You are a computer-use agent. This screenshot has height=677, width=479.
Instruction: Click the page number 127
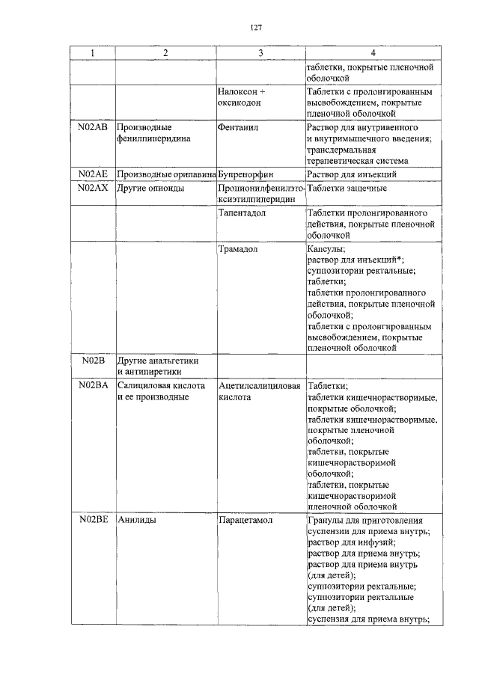(x=255, y=28)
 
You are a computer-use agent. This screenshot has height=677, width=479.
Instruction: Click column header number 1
(x=92, y=54)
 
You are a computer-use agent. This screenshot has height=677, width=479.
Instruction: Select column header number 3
(x=260, y=54)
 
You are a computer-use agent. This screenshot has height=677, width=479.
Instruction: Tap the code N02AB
(x=93, y=128)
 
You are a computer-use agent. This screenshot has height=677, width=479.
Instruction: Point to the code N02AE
(x=93, y=174)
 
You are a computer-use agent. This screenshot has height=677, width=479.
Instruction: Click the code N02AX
(x=93, y=187)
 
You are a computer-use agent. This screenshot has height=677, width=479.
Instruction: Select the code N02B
(x=92, y=361)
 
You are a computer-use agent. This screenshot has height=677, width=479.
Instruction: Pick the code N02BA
(x=93, y=385)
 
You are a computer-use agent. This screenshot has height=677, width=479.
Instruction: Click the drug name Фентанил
(x=237, y=128)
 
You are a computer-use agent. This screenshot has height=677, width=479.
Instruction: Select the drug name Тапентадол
(x=242, y=213)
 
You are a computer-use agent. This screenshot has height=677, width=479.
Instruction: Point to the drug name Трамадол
(x=238, y=249)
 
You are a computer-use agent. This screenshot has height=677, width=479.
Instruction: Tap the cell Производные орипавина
(x=165, y=174)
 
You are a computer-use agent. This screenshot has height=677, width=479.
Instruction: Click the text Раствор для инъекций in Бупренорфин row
(x=350, y=174)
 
